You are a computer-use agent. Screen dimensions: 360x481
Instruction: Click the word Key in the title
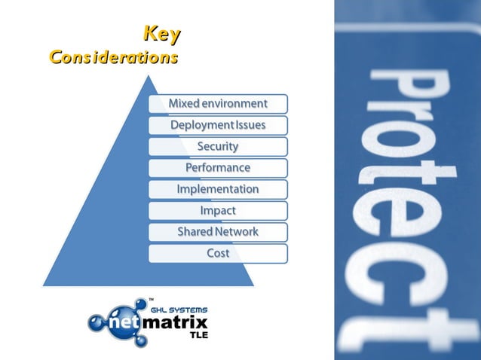[161, 35]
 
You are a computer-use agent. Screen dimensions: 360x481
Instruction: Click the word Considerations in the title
[113, 57]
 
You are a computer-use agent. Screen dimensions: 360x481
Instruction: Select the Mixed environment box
[218, 103]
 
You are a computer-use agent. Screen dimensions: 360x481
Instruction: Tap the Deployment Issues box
[218, 124]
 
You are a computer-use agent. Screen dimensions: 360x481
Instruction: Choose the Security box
[218, 146]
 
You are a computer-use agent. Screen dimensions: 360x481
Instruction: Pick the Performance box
[218, 167]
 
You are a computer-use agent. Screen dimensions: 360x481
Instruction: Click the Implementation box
[218, 189]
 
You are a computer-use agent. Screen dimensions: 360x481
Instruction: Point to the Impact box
[218, 210]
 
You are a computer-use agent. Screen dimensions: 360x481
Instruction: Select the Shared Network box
[218, 232]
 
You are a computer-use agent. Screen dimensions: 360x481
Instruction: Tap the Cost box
[218, 253]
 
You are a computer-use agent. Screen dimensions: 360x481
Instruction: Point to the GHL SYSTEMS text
[179, 310]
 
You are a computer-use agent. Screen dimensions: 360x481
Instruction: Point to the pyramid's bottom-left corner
[44, 286]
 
